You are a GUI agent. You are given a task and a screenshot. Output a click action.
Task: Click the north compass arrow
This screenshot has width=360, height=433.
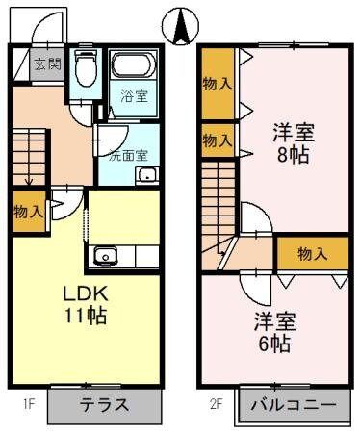179,25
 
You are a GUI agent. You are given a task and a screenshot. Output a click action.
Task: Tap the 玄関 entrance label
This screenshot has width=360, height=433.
47,65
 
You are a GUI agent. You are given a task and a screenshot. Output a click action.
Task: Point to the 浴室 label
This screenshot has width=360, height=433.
133,96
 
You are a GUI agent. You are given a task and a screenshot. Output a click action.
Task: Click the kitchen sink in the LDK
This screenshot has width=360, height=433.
105,256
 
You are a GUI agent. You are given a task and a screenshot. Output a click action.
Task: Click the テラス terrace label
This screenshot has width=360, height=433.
103,404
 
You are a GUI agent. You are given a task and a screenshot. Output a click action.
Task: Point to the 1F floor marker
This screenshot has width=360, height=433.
30,405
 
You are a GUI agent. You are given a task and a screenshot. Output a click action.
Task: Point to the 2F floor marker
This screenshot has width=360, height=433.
220,405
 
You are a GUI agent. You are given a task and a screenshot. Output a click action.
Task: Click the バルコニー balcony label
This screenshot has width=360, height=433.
294,405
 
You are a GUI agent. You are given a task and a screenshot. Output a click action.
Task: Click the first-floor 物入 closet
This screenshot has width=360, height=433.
28,211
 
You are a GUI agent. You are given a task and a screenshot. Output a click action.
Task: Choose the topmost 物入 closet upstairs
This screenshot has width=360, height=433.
217,84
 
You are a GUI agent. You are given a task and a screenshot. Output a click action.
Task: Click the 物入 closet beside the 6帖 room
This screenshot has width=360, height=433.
313,253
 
